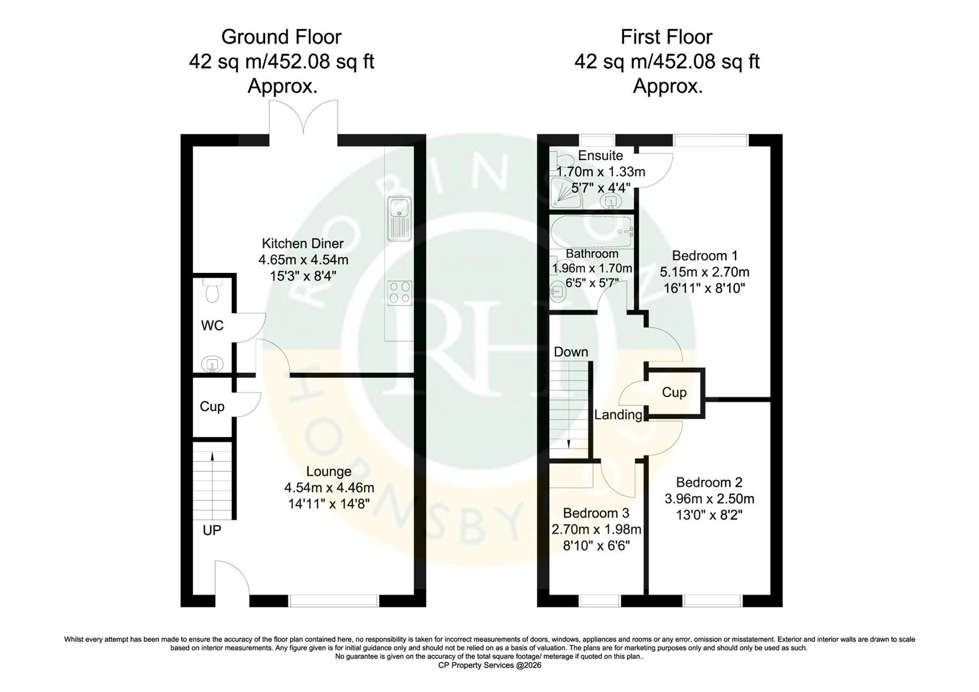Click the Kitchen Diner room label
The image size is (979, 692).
[302, 243]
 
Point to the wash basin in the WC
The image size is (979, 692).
[211, 365]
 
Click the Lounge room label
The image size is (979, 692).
[329, 472]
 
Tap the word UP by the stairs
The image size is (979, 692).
[212, 531]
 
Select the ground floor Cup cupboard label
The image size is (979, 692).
[212, 406]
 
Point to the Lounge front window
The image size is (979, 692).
[334, 600]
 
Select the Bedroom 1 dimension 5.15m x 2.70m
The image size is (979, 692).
[704, 272]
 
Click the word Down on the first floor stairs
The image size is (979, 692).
[570, 352]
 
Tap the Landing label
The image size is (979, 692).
[618, 415]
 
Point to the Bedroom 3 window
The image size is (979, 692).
[600, 600]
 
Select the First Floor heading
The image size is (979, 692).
[666, 37]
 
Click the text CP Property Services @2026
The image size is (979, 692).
[489, 665]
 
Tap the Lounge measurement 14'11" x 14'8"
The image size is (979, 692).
[329, 504]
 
